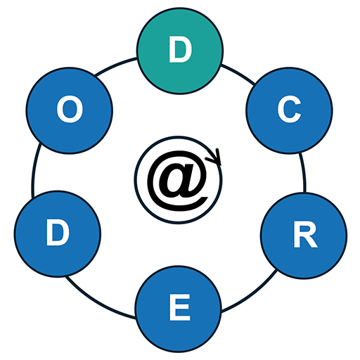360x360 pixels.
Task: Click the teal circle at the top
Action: pos(180,51)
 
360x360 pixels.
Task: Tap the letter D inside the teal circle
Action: pos(180,50)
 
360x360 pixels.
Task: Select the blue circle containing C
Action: pos(289,110)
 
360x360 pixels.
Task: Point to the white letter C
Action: pos(289,109)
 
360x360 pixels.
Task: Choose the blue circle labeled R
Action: pos(304,236)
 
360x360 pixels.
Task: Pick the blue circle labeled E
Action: pos(178,309)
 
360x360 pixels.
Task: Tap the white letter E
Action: pos(180,307)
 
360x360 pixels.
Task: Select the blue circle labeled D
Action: pos(58,234)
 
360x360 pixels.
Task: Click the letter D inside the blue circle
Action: pos(58,233)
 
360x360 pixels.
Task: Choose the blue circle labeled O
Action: pos(70,110)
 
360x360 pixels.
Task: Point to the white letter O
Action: pos(70,109)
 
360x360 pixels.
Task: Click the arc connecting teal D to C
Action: pos(238,73)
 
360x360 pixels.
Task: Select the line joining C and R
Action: pos(304,172)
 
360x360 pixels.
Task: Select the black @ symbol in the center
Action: pos(177,181)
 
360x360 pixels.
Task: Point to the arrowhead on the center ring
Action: pos(216,157)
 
